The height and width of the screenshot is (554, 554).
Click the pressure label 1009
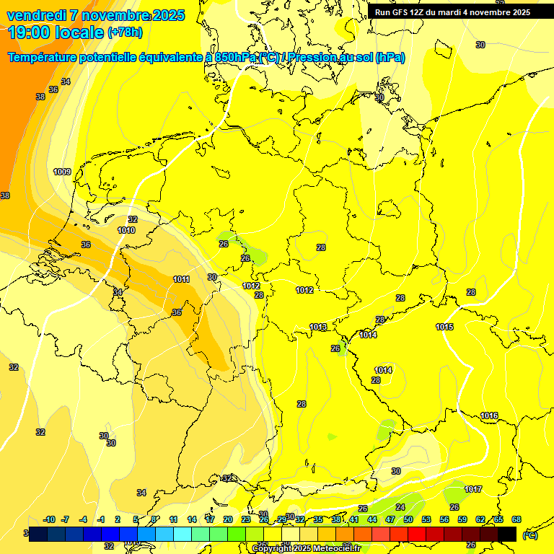[x=62, y=172]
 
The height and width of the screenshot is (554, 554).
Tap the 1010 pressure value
[x=126, y=230]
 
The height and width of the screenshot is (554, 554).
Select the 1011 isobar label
[x=182, y=279]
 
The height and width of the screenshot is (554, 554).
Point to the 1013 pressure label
[x=318, y=327]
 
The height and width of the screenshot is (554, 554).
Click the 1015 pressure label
[x=444, y=327]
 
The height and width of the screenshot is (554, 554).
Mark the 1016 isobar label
[x=489, y=415]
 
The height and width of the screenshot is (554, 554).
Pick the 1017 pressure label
[x=473, y=490]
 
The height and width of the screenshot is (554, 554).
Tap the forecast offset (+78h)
[x=125, y=32]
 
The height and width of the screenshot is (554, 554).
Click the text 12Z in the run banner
[x=418, y=12]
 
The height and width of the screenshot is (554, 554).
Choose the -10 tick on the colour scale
[x=49, y=519]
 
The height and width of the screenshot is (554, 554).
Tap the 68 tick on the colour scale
[x=516, y=519]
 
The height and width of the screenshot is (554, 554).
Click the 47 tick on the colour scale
[x=390, y=519]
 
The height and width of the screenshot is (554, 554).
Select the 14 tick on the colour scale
[x=192, y=519]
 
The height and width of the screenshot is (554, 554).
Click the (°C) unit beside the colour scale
[x=529, y=535]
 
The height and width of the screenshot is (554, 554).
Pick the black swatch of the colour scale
[x=507, y=534]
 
